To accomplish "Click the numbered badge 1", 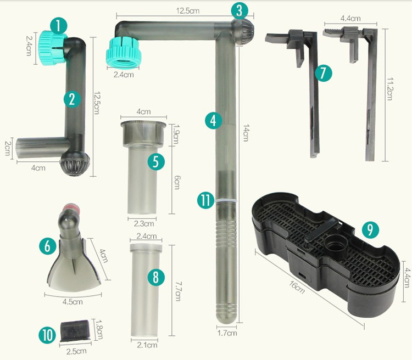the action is click(59, 26).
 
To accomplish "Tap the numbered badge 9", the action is click(370, 230).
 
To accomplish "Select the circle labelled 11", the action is click(206, 200).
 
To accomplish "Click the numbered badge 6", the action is click(48, 246).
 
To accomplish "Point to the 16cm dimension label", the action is click(297, 287).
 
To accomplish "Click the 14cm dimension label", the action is click(246, 133).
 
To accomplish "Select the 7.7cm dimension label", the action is click(178, 291).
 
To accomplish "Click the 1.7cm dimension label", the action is click(227, 333).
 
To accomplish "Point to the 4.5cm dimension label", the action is click(73, 302).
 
